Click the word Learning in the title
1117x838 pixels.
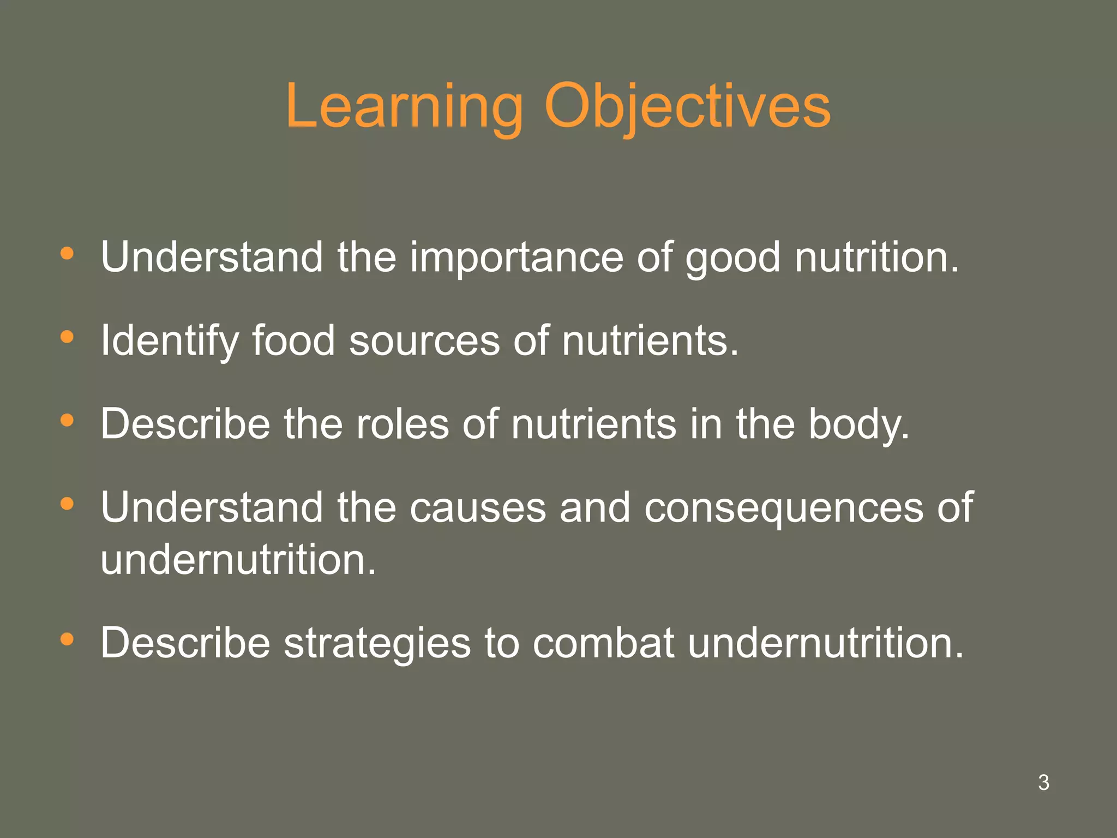(404, 106)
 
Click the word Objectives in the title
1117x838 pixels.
(687, 106)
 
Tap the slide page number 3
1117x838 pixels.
(1043, 782)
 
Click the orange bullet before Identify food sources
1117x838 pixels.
(67, 337)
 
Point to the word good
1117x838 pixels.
(732, 258)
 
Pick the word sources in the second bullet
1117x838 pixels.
(424, 340)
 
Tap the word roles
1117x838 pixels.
(403, 424)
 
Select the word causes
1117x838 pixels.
(478, 507)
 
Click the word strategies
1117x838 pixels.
(377, 643)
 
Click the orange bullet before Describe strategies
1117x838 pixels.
(67, 639)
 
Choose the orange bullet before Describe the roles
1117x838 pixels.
(67, 420)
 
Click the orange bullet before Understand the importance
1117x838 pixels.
(67, 253)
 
